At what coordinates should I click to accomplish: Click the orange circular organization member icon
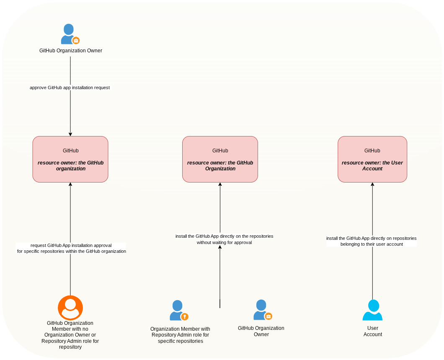point(70,308)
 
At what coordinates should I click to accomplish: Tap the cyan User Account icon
point(372,310)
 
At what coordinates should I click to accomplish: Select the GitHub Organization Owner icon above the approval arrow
point(70,34)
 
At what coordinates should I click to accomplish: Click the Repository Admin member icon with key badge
point(179,310)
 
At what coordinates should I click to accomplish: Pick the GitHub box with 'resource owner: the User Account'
point(372,159)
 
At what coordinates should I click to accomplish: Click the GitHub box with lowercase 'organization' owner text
point(70,159)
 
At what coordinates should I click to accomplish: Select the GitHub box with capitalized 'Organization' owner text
point(220,159)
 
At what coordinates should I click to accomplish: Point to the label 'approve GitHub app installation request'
point(70,88)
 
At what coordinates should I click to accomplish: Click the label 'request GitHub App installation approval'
point(71,245)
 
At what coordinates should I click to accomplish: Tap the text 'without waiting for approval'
point(224,242)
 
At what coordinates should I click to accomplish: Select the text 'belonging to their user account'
point(372,244)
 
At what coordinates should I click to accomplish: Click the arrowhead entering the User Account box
point(372,184)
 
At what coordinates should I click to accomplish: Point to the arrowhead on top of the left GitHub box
point(70,134)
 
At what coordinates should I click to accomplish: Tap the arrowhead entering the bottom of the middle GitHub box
point(220,184)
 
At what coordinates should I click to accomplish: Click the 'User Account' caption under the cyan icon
point(373,331)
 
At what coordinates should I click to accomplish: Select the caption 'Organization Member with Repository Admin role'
point(181,332)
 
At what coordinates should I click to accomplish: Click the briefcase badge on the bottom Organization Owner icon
point(268,316)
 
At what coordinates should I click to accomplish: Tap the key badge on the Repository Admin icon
point(185,316)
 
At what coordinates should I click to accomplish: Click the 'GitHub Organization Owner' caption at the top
point(71,51)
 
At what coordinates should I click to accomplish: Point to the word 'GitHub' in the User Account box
point(372,151)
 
